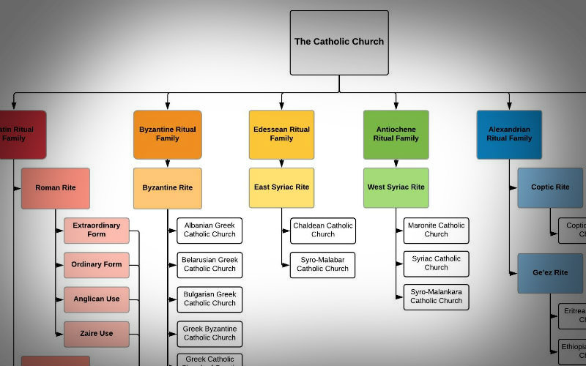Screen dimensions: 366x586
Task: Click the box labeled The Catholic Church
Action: (x=338, y=42)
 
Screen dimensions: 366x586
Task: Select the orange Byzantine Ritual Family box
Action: (x=167, y=135)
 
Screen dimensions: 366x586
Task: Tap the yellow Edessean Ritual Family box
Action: (x=281, y=135)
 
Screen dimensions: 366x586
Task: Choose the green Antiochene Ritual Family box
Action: (x=396, y=135)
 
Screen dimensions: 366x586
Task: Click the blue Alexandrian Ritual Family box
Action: (x=509, y=135)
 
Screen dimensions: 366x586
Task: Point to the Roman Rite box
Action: (x=56, y=188)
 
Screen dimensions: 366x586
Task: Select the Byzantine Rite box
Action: (x=167, y=188)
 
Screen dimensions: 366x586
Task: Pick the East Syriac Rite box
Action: (x=281, y=188)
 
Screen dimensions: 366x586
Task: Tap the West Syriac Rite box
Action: (x=396, y=188)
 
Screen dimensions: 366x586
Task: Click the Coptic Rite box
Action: (x=550, y=188)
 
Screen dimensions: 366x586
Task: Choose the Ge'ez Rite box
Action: (x=550, y=273)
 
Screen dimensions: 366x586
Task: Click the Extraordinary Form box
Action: (x=97, y=231)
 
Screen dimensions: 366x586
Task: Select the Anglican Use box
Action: (x=97, y=299)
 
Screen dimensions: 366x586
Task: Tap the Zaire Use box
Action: (x=97, y=334)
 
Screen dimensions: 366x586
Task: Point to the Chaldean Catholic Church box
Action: (x=322, y=231)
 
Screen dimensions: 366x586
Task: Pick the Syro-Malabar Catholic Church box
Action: (x=322, y=265)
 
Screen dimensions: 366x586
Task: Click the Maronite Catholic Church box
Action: (x=436, y=231)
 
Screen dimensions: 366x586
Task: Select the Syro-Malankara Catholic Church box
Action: (x=436, y=296)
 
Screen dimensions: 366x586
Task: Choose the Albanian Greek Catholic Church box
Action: (x=209, y=231)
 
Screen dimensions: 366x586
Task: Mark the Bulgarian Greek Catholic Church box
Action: (x=209, y=299)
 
